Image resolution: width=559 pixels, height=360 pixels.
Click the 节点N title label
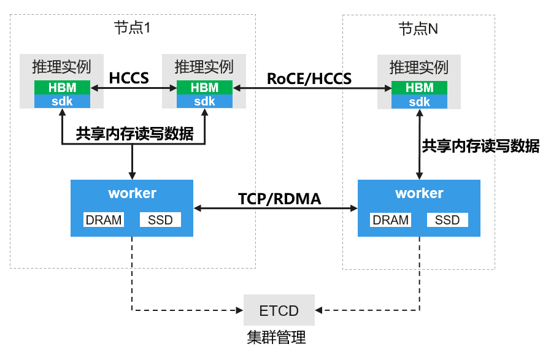click(418, 28)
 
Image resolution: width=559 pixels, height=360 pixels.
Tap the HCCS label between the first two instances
click(129, 78)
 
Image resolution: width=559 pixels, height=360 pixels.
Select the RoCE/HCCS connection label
click(309, 79)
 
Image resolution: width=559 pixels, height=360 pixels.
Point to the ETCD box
click(279, 310)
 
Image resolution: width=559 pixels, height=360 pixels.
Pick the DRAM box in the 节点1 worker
click(104, 220)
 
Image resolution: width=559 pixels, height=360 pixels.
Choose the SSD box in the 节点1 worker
click(160, 220)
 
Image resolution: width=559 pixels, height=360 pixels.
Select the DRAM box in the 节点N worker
click(391, 220)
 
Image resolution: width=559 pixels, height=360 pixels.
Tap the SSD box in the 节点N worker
click(447, 220)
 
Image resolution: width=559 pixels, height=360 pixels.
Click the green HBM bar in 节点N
click(420, 88)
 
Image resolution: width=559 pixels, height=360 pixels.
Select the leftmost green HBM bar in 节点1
click(62, 88)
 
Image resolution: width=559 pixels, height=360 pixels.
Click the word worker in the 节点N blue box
click(419, 194)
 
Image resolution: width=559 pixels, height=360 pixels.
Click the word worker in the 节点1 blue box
click(132, 194)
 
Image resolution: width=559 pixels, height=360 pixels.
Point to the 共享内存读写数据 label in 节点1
click(134, 134)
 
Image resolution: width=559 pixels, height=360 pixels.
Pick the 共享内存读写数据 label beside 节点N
click(480, 146)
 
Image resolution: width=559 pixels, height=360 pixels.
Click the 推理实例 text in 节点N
click(419, 67)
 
